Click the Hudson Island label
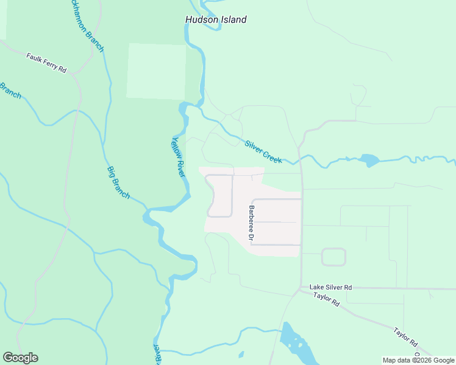coord(216,19)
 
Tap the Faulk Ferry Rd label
coord(46,63)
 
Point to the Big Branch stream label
coord(118,182)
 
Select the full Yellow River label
coord(177,156)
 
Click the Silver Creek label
coord(263,151)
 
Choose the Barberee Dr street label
coord(251,223)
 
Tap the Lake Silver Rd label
coord(330,287)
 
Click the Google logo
coord(20,358)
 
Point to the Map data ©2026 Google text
coord(419,360)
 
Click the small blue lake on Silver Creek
coord(369,161)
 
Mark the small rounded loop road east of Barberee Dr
coord(333,257)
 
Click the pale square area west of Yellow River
coord(156,71)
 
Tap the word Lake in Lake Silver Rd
coord(316,287)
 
